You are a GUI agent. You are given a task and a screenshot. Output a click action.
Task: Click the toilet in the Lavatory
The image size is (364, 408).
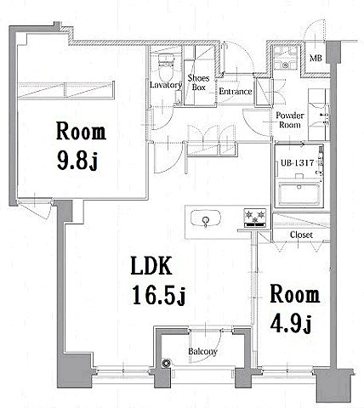(x=166, y=68)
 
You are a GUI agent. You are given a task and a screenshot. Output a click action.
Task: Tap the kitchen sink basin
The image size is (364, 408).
(x=206, y=218)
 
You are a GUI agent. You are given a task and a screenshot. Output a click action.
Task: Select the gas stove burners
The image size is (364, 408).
(x=255, y=218)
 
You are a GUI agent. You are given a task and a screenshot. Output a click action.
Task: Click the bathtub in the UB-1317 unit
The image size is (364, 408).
(x=299, y=194)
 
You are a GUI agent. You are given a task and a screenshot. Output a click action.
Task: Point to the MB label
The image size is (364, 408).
(x=316, y=58)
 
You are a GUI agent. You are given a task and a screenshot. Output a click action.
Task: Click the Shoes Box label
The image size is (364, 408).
(x=198, y=82)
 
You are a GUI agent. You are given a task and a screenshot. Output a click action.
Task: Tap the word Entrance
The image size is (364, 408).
(x=236, y=92)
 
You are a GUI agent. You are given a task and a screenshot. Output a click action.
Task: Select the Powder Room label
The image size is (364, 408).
(x=290, y=120)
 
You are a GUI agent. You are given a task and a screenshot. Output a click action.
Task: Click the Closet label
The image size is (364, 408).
(x=301, y=235)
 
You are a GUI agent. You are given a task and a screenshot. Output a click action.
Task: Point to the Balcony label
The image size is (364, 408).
(x=202, y=352)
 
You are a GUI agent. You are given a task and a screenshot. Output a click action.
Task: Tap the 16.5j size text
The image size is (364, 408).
(x=159, y=295)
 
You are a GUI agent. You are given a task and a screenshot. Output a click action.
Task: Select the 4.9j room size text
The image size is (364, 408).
(x=291, y=323)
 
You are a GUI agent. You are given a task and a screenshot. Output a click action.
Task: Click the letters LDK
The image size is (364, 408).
(x=151, y=265)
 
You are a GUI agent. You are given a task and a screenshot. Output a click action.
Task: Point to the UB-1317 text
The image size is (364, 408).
(x=297, y=163)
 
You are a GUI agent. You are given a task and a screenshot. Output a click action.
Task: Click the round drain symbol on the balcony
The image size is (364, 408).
(x=167, y=364)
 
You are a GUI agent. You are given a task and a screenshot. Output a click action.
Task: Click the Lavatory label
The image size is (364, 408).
(x=166, y=85)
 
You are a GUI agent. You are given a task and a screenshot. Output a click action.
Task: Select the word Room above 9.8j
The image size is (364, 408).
(x=81, y=131)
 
